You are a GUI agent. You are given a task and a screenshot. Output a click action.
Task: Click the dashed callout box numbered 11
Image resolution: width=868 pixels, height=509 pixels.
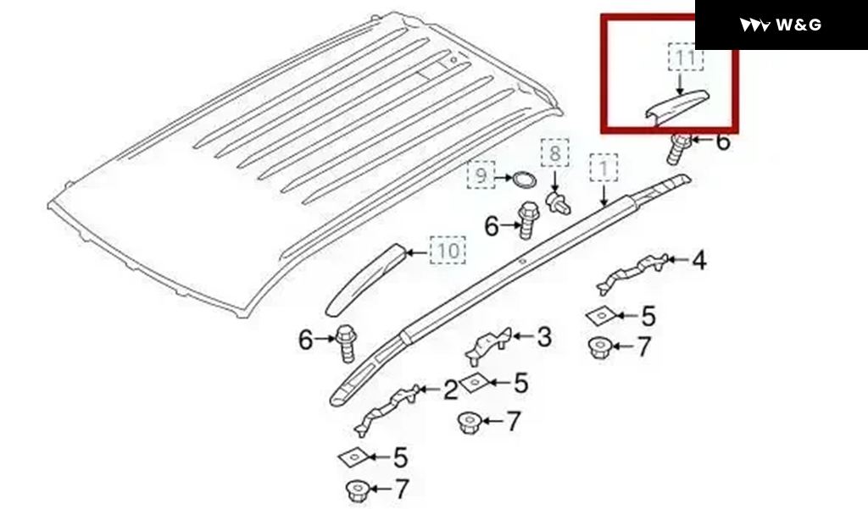(x=686, y=57)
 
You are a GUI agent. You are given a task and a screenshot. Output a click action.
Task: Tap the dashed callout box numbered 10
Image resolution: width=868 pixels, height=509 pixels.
(x=448, y=250)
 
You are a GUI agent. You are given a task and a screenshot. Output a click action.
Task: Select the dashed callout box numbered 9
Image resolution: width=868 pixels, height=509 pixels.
(x=481, y=174)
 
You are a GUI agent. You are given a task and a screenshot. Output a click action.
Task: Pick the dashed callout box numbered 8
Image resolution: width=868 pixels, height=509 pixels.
(x=555, y=152)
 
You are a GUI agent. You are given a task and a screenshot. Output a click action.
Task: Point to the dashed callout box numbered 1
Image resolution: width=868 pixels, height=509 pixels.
(x=604, y=168)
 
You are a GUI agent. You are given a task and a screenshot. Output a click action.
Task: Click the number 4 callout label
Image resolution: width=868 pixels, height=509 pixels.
(x=699, y=260)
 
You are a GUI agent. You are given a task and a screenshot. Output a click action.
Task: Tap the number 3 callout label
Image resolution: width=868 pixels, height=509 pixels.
(x=545, y=337)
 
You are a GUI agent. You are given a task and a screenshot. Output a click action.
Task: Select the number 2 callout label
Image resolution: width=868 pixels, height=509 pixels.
(x=451, y=390)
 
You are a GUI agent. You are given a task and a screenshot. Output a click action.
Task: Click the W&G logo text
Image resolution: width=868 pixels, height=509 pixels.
(x=798, y=25)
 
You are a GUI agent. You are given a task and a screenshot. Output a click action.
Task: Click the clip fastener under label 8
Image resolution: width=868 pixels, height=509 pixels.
(x=558, y=202)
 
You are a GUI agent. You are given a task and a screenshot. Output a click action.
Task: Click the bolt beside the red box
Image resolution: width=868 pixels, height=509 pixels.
(x=678, y=147)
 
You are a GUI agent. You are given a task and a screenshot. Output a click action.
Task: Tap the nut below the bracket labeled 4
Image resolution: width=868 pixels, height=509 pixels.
(x=599, y=347)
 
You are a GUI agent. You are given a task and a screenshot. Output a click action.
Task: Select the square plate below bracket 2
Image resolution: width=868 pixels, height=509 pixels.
(x=352, y=456)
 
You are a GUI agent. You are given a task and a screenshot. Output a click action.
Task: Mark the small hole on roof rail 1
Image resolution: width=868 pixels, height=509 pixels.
(x=521, y=260)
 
